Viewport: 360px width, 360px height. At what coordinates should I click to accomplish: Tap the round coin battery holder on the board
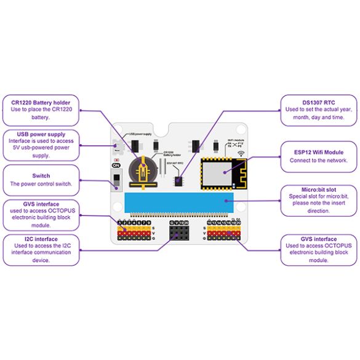(x=143, y=167)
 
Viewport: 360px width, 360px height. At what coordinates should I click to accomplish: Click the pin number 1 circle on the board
(x=119, y=222)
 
